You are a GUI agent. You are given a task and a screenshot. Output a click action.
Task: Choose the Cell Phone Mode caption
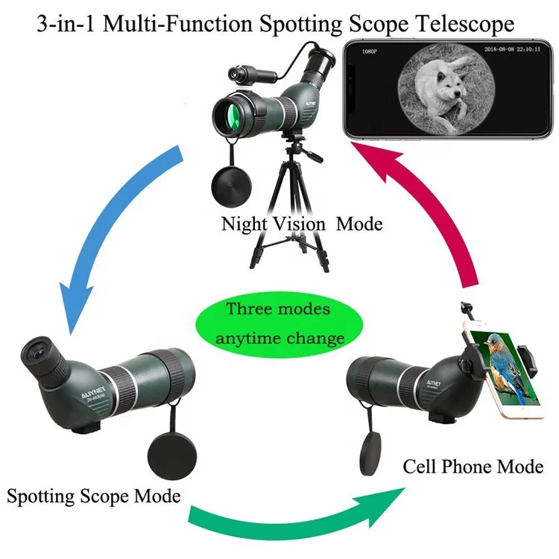(473, 467)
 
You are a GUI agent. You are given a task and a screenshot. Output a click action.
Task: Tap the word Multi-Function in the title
(183, 24)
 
